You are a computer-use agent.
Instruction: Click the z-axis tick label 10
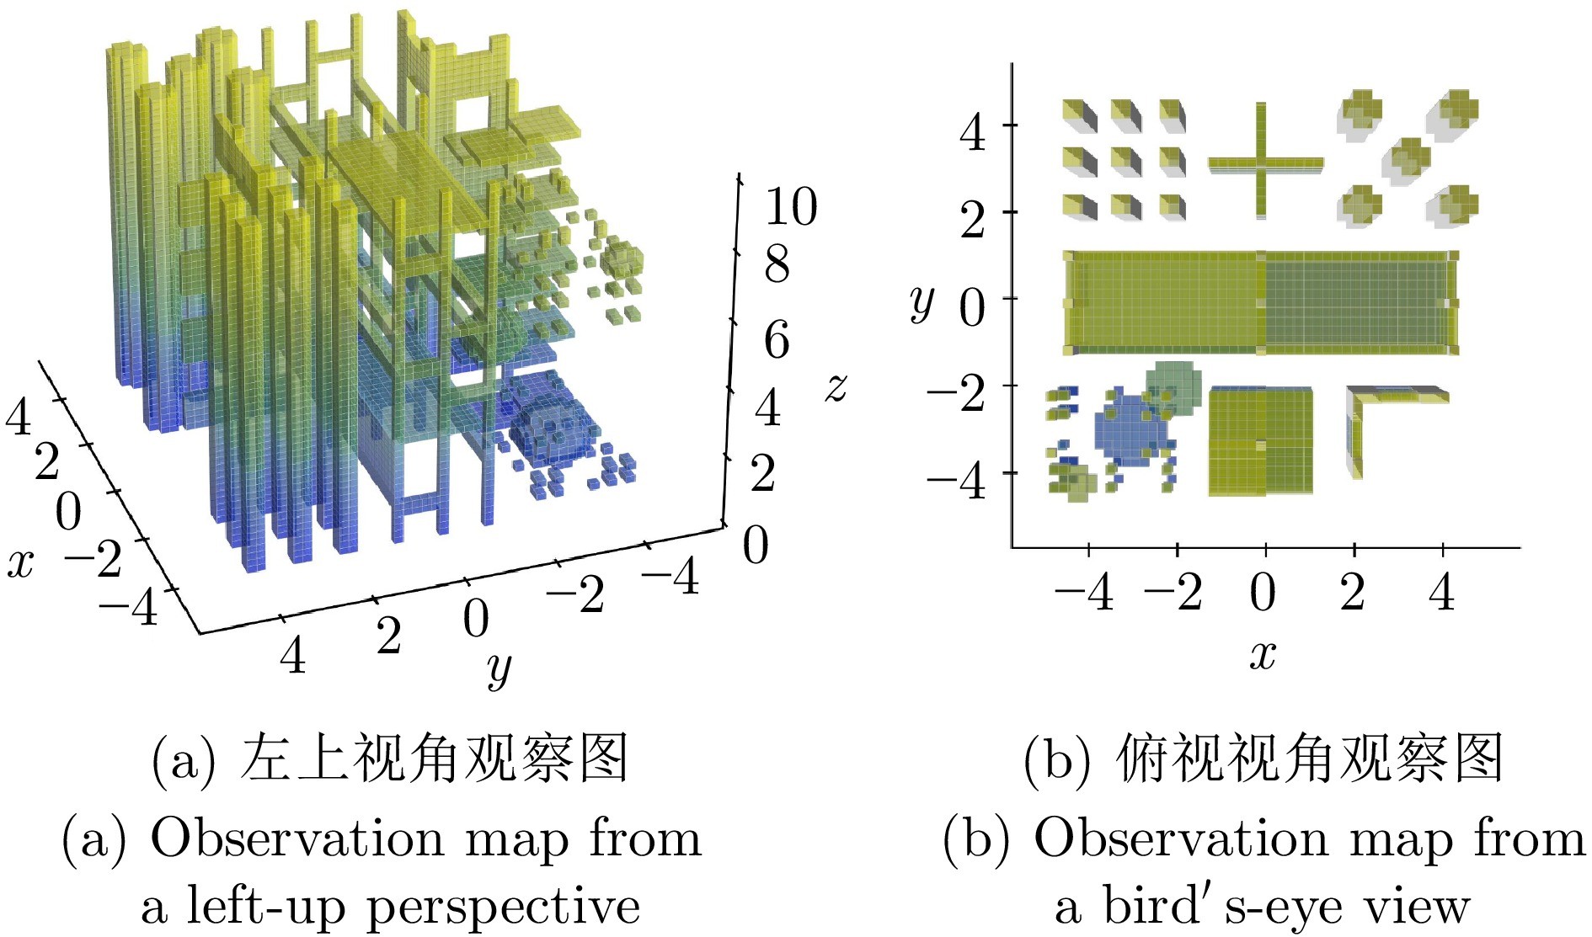pyautogui.click(x=791, y=206)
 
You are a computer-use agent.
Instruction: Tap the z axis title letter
pyautogui.click(x=836, y=388)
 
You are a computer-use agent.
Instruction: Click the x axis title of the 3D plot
pyautogui.click(x=21, y=563)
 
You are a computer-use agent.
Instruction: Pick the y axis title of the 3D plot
pyautogui.click(x=499, y=669)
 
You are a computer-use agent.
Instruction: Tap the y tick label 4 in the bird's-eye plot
pyautogui.click(x=973, y=133)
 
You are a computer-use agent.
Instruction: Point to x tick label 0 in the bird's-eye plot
pyautogui.click(x=1263, y=592)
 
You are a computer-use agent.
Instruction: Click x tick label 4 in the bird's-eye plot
pyautogui.click(x=1442, y=592)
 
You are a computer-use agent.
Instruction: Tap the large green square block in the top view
pyautogui.click(x=1260, y=441)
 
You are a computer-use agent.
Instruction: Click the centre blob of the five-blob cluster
pyautogui.click(x=1406, y=161)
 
